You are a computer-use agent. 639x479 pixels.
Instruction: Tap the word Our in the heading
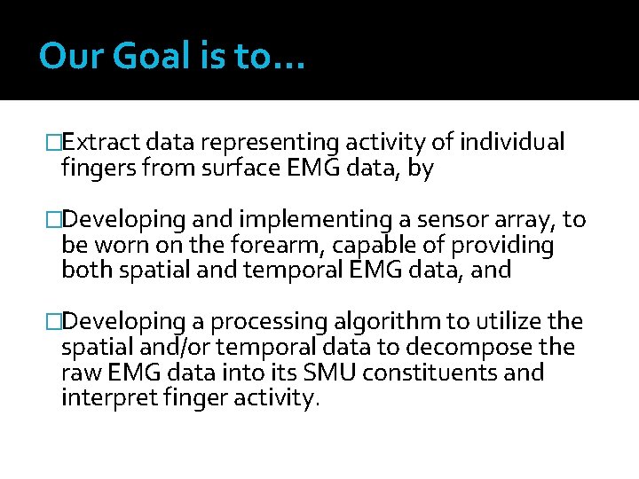click(x=63, y=57)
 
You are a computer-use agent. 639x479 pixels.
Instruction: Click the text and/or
click(x=169, y=348)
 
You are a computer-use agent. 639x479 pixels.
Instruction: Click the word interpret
click(x=106, y=398)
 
